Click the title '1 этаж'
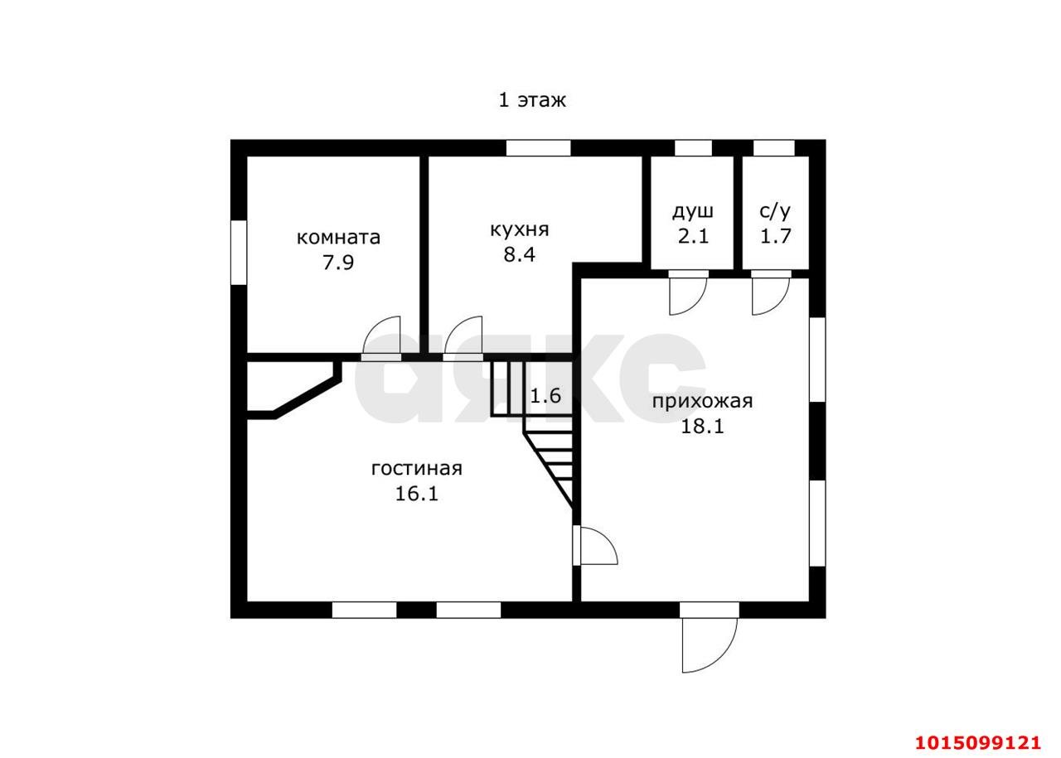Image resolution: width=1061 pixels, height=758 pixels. [532, 100]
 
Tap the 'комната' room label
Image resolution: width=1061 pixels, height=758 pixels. [338, 237]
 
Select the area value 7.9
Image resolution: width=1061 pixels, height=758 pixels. [338, 263]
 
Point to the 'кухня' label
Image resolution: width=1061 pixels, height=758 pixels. [519, 230]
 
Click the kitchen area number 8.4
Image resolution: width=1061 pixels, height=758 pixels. [519, 254]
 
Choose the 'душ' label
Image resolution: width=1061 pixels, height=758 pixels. [692, 212]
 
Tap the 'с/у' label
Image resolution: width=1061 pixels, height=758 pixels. [775, 211]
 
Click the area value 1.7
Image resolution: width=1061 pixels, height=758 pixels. [775, 236]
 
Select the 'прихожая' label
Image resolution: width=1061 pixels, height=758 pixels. [702, 402]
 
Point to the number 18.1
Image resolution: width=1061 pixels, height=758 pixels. [702, 427]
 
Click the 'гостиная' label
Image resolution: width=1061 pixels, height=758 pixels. [416, 469]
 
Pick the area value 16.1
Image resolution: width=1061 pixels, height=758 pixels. [416, 494]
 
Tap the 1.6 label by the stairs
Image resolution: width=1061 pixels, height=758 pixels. [545, 396]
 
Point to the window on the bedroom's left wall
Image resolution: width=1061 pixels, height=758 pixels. [239, 253]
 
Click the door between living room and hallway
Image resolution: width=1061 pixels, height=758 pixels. [595, 545]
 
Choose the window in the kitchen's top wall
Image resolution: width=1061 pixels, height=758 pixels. [538, 148]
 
